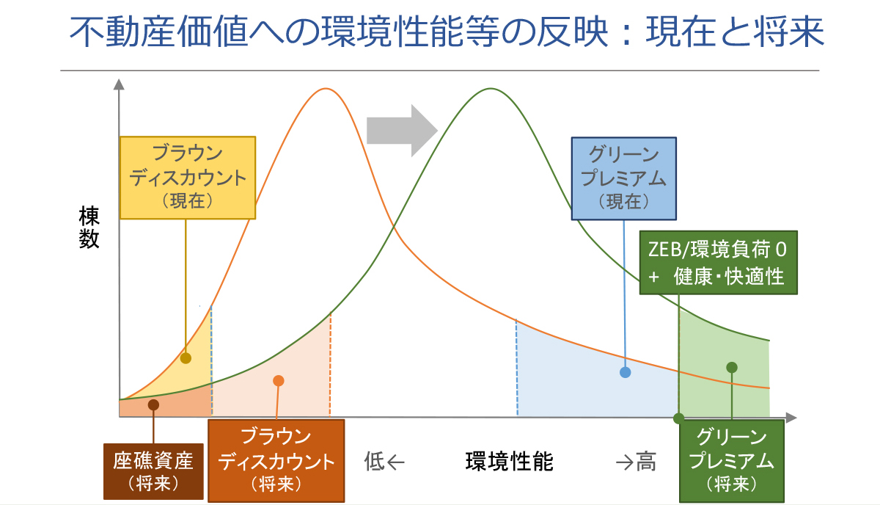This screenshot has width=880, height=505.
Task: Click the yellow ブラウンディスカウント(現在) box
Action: tap(187, 177)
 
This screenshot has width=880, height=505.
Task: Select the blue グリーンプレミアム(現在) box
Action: tap(623, 178)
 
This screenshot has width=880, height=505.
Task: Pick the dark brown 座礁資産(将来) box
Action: tap(153, 471)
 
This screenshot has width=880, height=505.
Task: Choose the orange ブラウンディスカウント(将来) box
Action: tap(276, 460)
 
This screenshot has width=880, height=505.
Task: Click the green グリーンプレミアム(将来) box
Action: tap(731, 460)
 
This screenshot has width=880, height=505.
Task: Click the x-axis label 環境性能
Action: tap(509, 462)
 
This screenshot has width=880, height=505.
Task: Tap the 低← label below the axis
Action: tap(384, 462)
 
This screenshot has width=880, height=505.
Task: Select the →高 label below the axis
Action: tap(635, 462)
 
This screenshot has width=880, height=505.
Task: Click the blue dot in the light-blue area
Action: tap(625, 372)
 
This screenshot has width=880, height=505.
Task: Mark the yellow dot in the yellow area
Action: tap(186, 358)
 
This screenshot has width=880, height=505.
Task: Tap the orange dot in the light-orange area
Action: tap(278, 380)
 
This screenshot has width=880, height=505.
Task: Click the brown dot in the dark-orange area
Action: tap(153, 404)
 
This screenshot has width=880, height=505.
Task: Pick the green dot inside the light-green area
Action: tap(731, 367)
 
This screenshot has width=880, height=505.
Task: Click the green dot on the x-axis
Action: tap(679, 418)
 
